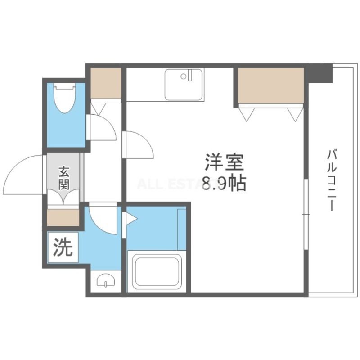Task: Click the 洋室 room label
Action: pyautogui.click(x=224, y=163)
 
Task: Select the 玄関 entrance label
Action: pyautogui.click(x=64, y=177)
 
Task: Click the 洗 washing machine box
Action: pyautogui.click(x=63, y=247)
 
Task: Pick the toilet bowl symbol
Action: pyautogui.click(x=64, y=98)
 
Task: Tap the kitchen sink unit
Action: pyautogui.click(x=184, y=84)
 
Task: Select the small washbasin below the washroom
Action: pyautogui.click(x=105, y=280)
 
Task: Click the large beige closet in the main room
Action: pyautogui.click(x=271, y=85)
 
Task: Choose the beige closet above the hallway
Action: pyautogui.click(x=106, y=83)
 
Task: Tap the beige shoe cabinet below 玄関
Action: pyautogui.click(x=63, y=217)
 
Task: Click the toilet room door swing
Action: pyautogui.click(x=102, y=127)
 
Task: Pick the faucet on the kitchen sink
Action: pyautogui.click(x=189, y=75)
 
